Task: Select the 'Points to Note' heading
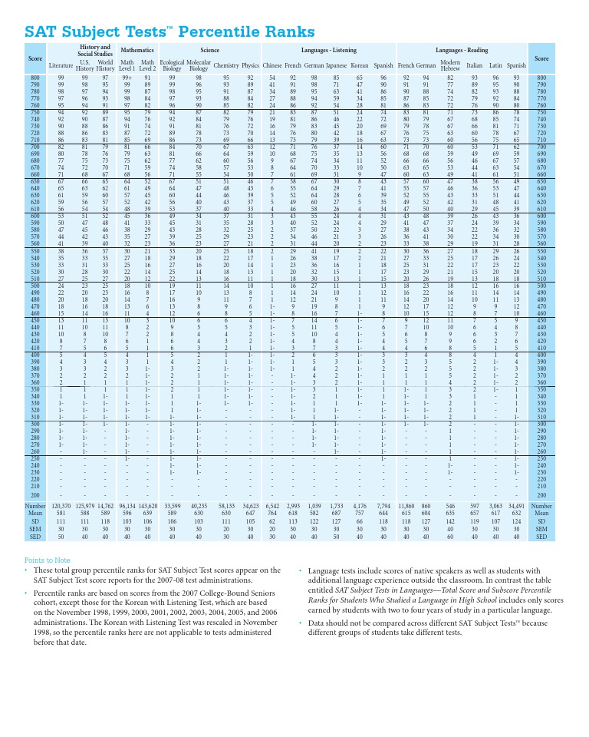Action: [x=48, y=560]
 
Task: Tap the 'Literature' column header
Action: [x=61, y=66]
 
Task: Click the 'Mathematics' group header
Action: [x=137, y=49]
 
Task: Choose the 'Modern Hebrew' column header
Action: [x=450, y=65]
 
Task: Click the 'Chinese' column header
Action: [x=272, y=66]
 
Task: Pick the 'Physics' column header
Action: [x=250, y=66]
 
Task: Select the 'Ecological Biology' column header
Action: [x=172, y=65]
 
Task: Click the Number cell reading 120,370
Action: [x=61, y=507]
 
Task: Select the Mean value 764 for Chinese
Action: [x=272, y=514]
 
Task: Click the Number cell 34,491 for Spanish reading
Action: [x=516, y=507]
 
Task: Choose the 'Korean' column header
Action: [x=359, y=66]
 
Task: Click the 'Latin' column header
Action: [x=495, y=66]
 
